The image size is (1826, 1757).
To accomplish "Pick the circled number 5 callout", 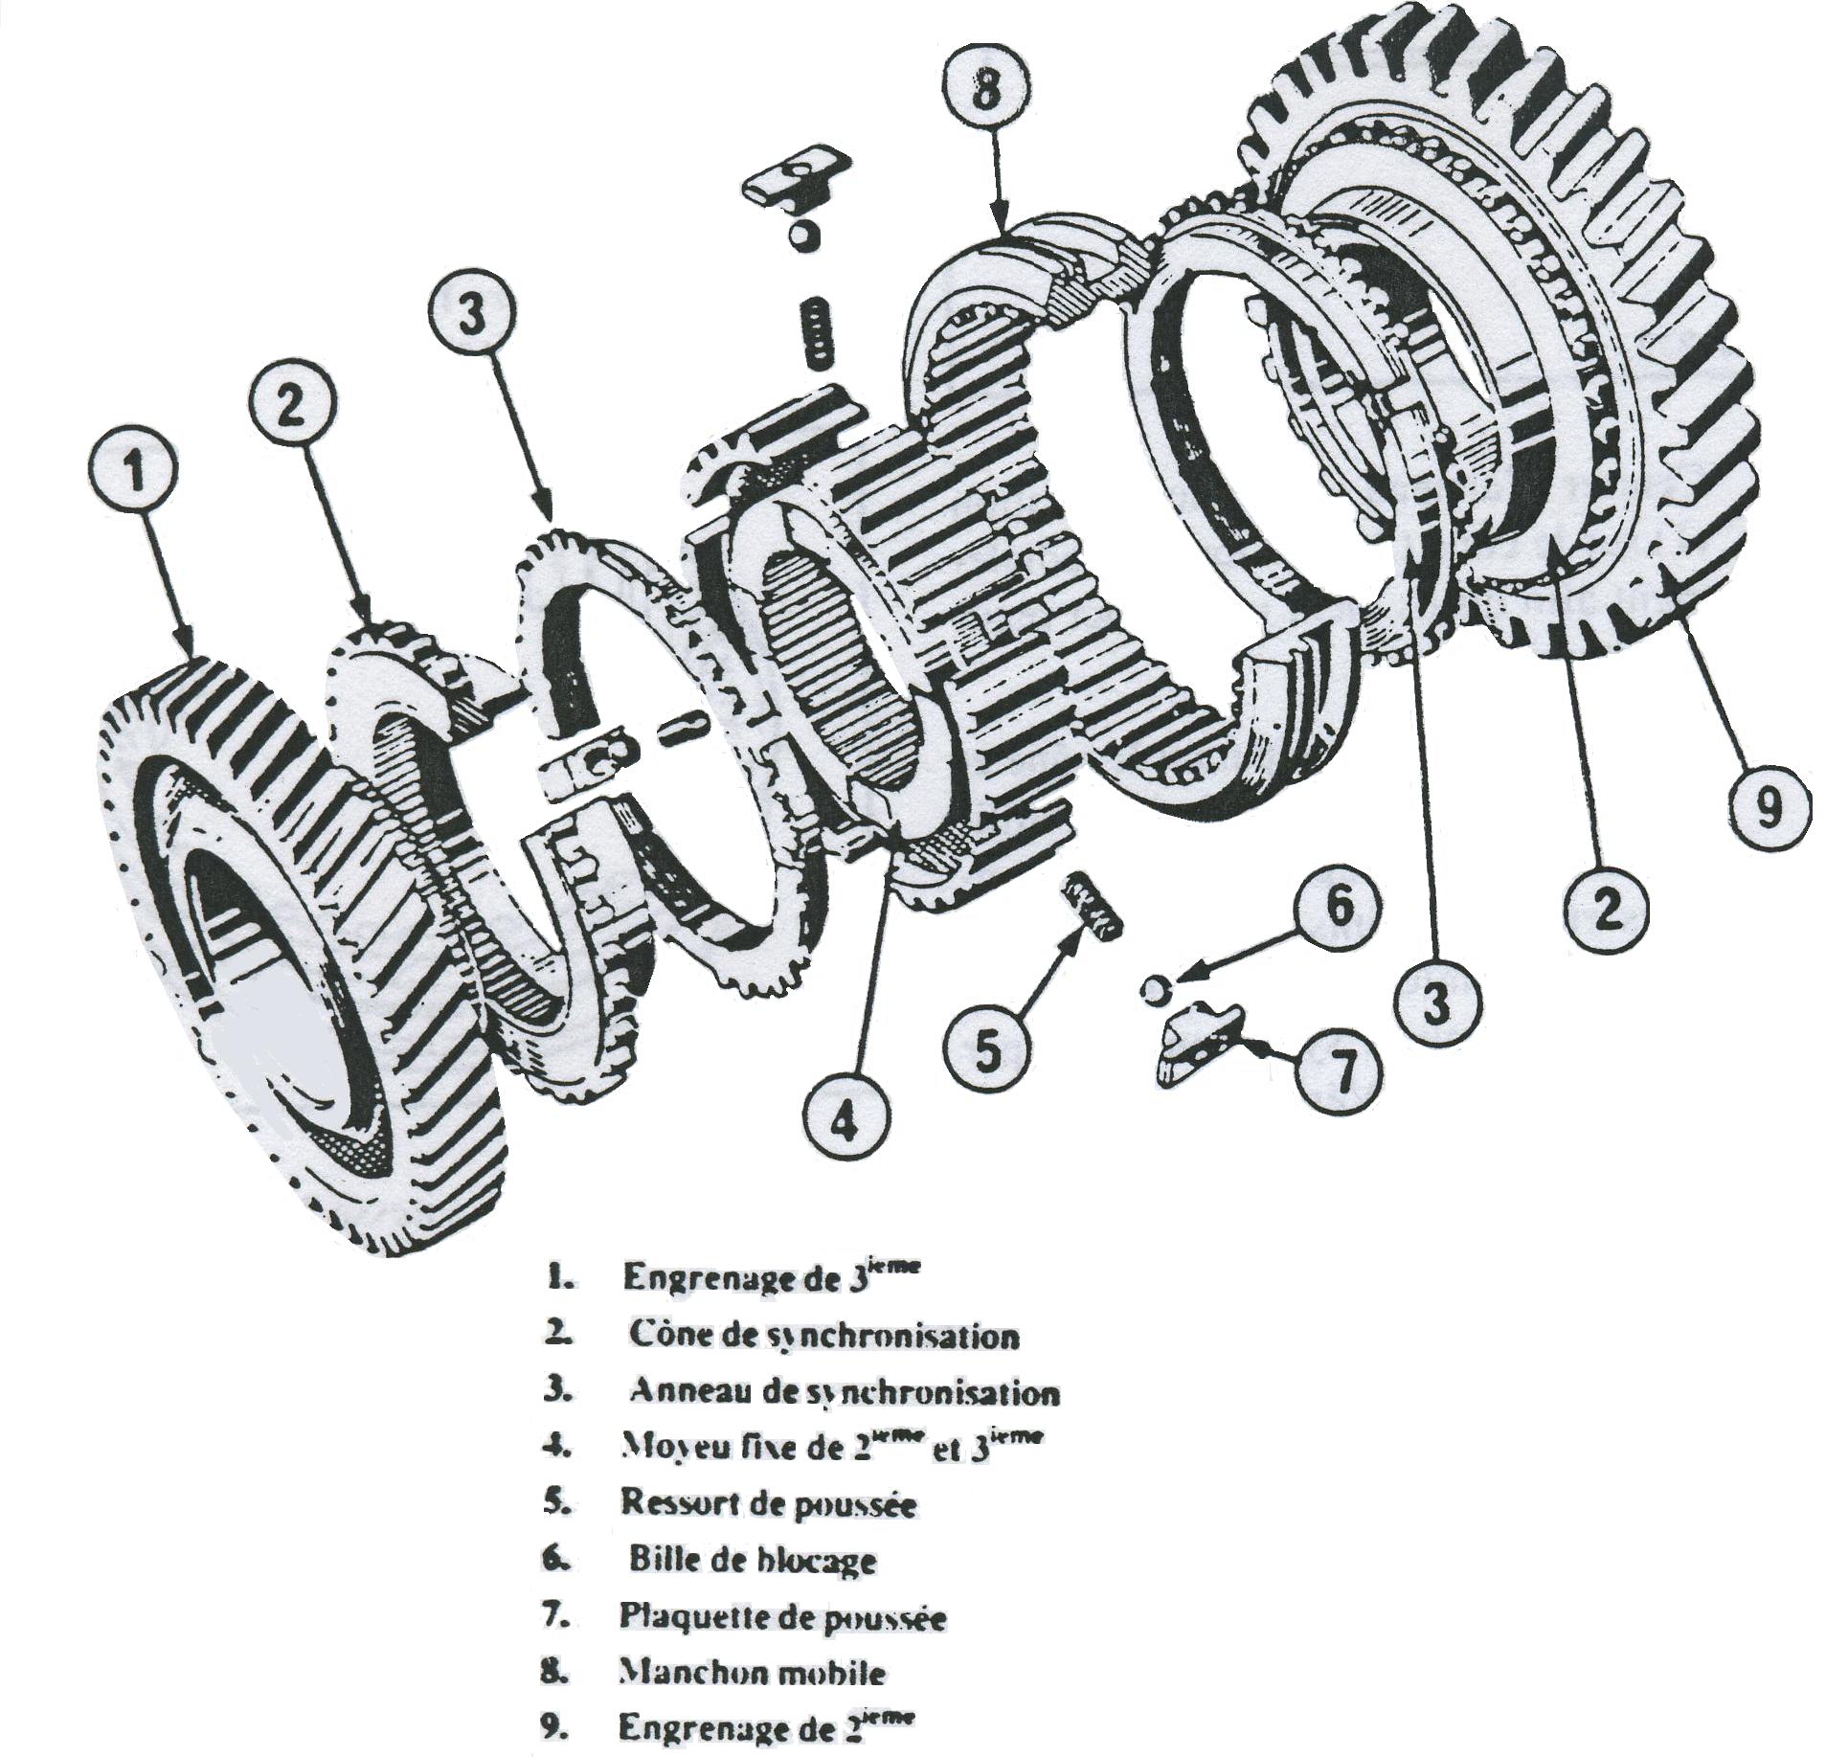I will [x=988, y=1049].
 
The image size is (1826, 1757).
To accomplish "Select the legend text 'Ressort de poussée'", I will [x=769, y=1503].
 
